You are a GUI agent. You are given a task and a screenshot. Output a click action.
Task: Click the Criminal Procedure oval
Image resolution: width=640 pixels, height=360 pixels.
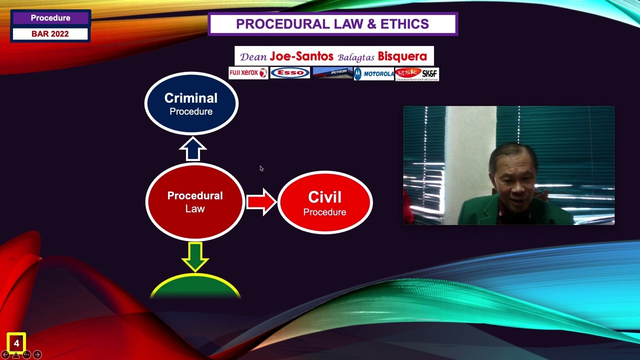coord(191,103)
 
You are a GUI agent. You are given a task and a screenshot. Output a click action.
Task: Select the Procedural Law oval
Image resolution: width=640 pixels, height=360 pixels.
coord(195,202)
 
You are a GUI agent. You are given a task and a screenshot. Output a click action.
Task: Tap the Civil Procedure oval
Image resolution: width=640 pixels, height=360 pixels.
coord(325,203)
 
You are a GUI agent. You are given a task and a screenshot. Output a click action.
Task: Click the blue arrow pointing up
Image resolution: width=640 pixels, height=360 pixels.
coord(192,149)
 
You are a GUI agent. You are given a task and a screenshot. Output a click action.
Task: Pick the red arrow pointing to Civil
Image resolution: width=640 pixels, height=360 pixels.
coord(261,202)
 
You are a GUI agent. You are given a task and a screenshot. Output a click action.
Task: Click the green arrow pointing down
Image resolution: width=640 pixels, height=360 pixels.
coord(195,256)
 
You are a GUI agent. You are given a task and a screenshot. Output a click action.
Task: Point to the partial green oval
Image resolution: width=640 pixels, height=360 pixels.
coord(195,287)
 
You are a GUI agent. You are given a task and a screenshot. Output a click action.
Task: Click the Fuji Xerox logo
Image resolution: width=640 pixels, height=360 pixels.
coord(248,73)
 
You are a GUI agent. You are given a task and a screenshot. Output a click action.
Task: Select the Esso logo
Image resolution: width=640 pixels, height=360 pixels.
coord(290,73)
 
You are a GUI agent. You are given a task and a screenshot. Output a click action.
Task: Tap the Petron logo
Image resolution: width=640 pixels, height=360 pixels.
coord(332,73)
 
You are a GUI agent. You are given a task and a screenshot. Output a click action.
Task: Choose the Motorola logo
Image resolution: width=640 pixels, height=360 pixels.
coord(374,74)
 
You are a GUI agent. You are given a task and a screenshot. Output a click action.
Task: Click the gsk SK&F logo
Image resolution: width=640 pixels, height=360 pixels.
coord(417,74)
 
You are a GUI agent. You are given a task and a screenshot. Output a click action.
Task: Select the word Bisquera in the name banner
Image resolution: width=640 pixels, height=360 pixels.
coord(402,56)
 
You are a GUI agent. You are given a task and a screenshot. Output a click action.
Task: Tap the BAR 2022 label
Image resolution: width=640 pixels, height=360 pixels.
coord(50,34)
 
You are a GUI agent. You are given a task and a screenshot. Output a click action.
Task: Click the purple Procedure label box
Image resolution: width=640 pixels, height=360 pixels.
coord(50,18)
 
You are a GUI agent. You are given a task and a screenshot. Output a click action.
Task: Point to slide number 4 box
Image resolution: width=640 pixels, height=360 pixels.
coord(16,343)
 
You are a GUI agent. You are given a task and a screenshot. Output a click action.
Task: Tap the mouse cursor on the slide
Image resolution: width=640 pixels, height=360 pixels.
coord(261,168)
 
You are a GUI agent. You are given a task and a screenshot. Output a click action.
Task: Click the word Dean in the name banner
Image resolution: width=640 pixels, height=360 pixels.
coord(253,56)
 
